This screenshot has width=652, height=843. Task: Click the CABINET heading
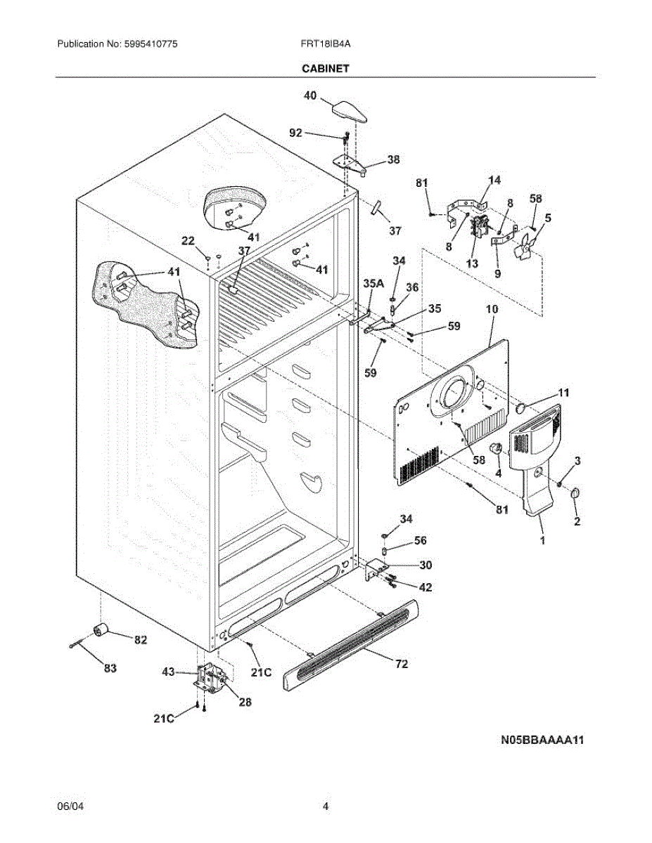(326, 68)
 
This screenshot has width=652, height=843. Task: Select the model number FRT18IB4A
(325, 44)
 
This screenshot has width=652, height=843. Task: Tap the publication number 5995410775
(151, 44)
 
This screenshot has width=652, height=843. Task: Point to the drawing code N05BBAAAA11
(542, 740)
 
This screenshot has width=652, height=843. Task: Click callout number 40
(310, 96)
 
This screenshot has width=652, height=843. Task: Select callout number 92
(295, 133)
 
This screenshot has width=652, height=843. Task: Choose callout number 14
(494, 180)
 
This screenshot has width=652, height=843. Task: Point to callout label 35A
(373, 284)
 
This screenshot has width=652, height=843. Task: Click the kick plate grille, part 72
(351, 644)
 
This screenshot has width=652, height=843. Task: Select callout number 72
(402, 664)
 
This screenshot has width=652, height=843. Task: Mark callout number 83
(110, 668)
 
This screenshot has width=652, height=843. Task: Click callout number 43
(168, 671)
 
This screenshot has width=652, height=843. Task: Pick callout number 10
(492, 309)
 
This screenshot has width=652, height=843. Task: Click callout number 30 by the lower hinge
(426, 565)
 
